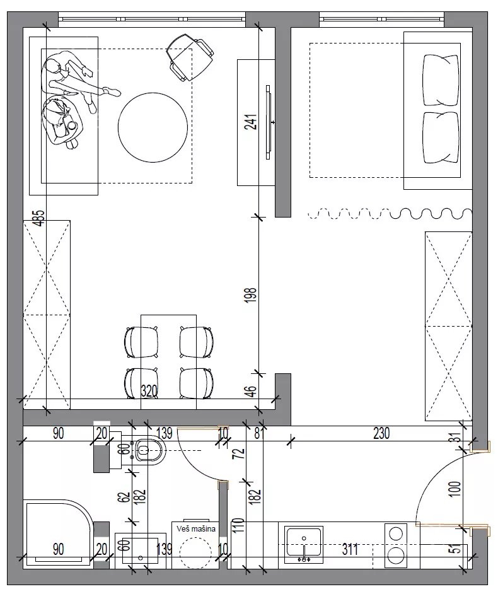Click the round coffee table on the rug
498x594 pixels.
coord(153,127)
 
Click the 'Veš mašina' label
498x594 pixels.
coord(196,528)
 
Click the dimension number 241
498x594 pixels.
coord(251,122)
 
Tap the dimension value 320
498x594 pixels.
coord(149,391)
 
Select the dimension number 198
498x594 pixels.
coord(251,294)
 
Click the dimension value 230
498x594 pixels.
coord(381,433)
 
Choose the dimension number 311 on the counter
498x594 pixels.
coord(350,549)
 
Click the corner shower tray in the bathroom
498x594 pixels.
coord(58,534)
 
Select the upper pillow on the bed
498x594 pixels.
coord(441,80)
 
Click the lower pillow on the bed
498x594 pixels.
coord(441,137)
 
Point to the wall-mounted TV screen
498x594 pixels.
coord(269,122)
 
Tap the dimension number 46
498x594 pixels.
coord(251,391)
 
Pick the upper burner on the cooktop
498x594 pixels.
coord(396,534)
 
